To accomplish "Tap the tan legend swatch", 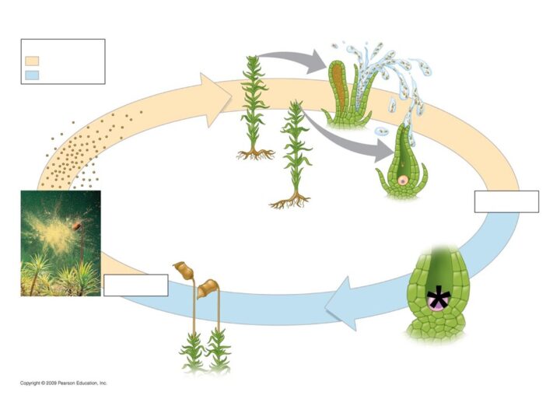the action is pyautogui.click(x=32, y=61).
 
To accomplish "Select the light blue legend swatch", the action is pyautogui.click(x=32, y=75).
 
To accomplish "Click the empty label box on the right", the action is pyautogui.click(x=506, y=201).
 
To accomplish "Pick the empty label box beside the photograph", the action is pyautogui.click(x=135, y=285).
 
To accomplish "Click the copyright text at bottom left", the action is pyautogui.click(x=64, y=383).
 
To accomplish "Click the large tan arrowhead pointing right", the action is pyautogui.click(x=215, y=100).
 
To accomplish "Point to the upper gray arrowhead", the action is pyautogui.click(x=316, y=61).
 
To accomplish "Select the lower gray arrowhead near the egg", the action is pyautogui.click(x=384, y=151).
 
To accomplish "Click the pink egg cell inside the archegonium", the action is pyautogui.click(x=403, y=180).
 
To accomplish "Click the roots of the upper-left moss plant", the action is pyautogui.click(x=255, y=154).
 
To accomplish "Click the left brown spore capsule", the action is pyautogui.click(x=184, y=271).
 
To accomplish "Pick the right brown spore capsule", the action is pyautogui.click(x=208, y=289).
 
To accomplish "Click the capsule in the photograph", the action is pyautogui.click(x=77, y=226).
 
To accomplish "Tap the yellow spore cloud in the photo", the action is pyautogui.click(x=55, y=232).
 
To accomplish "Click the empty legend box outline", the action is pyautogui.click(x=63, y=40).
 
